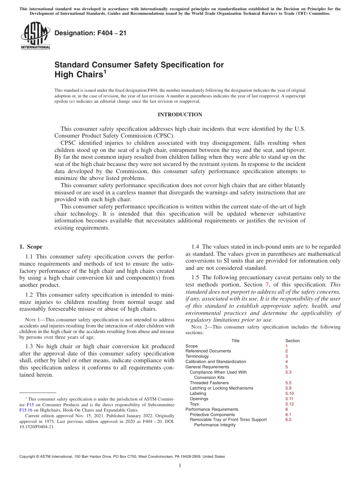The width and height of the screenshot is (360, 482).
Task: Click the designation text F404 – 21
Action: coord(91,33)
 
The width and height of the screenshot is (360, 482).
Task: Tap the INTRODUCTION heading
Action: coord(180,115)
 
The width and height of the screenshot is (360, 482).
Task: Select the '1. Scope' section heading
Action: coord(31,247)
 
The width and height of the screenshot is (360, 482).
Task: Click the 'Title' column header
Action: coord(235,341)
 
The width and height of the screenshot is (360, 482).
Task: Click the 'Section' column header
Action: coord(292,341)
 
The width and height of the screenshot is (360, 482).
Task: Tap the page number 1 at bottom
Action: coord(180,466)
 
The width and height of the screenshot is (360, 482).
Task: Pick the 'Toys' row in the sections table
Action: coord(194,404)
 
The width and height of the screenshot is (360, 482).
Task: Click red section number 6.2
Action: coord(288,419)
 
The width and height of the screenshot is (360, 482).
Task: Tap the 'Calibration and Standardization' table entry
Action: coord(216,361)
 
